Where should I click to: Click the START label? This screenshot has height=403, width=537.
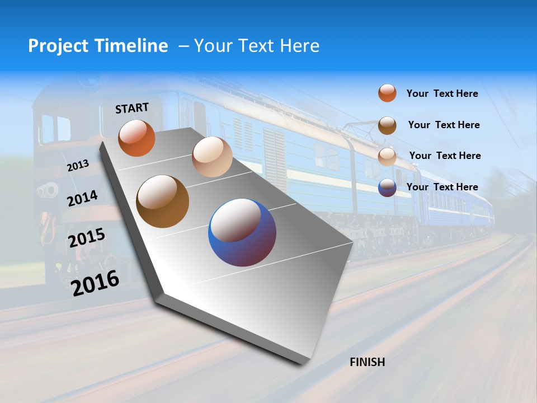pos(132,108)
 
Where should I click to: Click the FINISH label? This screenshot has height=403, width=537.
pos(368,362)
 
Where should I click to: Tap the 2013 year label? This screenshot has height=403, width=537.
pos(78,166)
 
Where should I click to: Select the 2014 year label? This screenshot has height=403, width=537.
pos(82,199)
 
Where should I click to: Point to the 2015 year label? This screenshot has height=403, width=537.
pos(87,238)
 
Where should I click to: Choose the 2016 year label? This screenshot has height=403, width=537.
pos(96,283)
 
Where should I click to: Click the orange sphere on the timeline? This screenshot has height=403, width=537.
pos(136,138)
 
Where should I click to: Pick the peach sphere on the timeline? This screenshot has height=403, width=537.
pos(212,157)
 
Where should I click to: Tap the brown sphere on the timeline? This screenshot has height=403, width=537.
pos(163,201)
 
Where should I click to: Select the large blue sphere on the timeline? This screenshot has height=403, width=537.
pos(242,232)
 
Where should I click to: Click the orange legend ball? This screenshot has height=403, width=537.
pos(387,93)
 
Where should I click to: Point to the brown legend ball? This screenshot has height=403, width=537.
pos(387,125)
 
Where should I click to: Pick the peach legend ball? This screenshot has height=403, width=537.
pos(387,156)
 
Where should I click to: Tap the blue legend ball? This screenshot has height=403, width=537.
pos(387,188)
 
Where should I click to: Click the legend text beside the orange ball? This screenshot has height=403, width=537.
pos(442,93)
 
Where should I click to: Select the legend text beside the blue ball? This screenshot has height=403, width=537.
pos(442,187)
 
